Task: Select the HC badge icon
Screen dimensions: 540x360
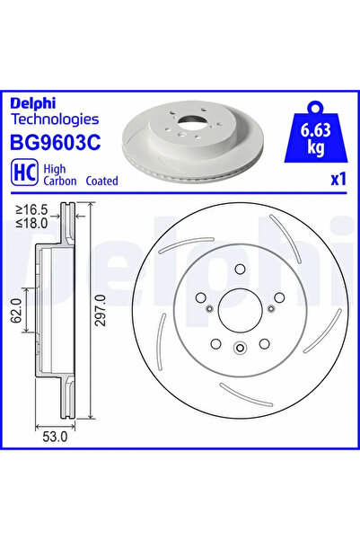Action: point(23,172)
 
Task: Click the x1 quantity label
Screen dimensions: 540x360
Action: point(338,179)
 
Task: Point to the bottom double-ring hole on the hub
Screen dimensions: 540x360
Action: point(239,348)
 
